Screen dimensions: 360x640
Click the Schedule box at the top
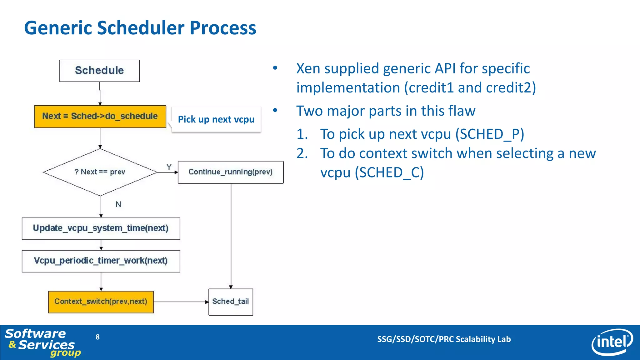click(x=99, y=71)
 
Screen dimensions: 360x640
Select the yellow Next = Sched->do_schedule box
click(x=100, y=116)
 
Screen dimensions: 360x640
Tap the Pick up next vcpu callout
click(x=216, y=119)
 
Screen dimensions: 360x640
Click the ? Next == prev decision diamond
click(x=100, y=172)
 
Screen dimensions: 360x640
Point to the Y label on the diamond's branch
click(x=169, y=167)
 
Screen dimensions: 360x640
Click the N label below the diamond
click(x=118, y=204)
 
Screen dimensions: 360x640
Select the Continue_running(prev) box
click(x=231, y=172)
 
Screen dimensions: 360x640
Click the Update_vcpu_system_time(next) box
click(x=101, y=228)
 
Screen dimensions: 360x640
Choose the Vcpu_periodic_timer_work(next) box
click(x=101, y=261)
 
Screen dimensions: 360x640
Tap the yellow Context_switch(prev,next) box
click(x=101, y=302)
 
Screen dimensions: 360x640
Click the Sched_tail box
click(x=231, y=302)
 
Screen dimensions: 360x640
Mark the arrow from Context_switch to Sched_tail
click(x=181, y=302)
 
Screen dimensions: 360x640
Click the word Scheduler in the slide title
click(x=141, y=28)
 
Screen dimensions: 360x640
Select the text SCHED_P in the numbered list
click(x=489, y=134)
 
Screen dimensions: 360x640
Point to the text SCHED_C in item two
click(x=389, y=173)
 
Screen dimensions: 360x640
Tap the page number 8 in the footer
click(x=97, y=337)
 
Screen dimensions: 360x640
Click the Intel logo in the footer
click(x=612, y=342)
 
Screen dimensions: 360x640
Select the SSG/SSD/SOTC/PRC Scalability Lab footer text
click(x=444, y=339)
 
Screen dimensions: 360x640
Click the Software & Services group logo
click(x=42, y=342)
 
